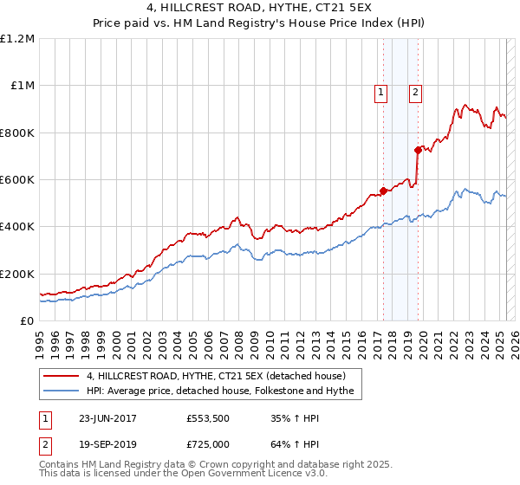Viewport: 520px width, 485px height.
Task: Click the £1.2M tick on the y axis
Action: point(19,39)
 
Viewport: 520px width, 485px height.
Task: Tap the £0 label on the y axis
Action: point(28,321)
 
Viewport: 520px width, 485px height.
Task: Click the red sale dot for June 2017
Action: point(383,191)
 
